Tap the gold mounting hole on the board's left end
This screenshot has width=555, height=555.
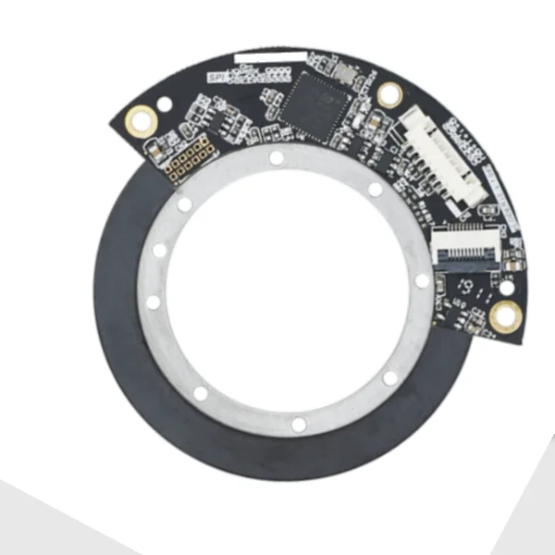[142, 117]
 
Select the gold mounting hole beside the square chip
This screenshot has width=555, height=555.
[389, 92]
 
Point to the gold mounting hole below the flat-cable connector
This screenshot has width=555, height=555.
[505, 316]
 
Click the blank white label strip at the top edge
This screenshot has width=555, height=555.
[269, 57]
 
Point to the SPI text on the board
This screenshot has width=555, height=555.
[217, 77]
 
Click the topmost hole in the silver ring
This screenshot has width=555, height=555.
[276, 158]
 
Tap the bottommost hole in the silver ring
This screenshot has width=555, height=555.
[298, 425]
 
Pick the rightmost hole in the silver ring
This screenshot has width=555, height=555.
[422, 279]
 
